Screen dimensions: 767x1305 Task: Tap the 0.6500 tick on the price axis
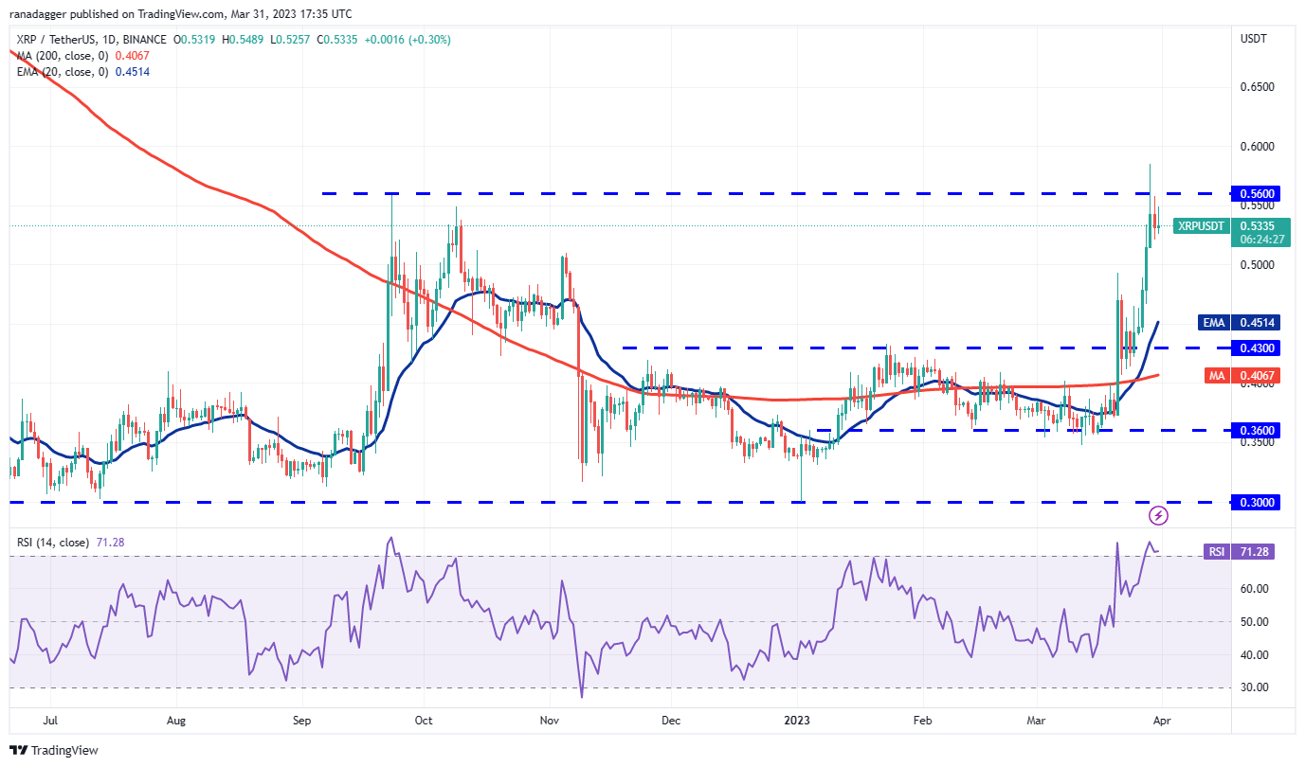(x=1257, y=87)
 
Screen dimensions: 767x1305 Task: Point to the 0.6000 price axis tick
(x=1257, y=147)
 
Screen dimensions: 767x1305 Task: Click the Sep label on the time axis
(x=302, y=720)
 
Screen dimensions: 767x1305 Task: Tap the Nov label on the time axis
(x=548, y=720)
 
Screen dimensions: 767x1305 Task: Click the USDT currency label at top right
(x=1255, y=39)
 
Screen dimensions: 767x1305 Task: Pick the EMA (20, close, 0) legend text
(x=61, y=72)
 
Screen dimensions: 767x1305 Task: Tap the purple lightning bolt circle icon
(x=1158, y=515)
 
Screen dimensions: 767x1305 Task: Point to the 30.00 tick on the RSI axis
(x=1255, y=687)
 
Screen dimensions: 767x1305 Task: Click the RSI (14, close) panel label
(x=53, y=543)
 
